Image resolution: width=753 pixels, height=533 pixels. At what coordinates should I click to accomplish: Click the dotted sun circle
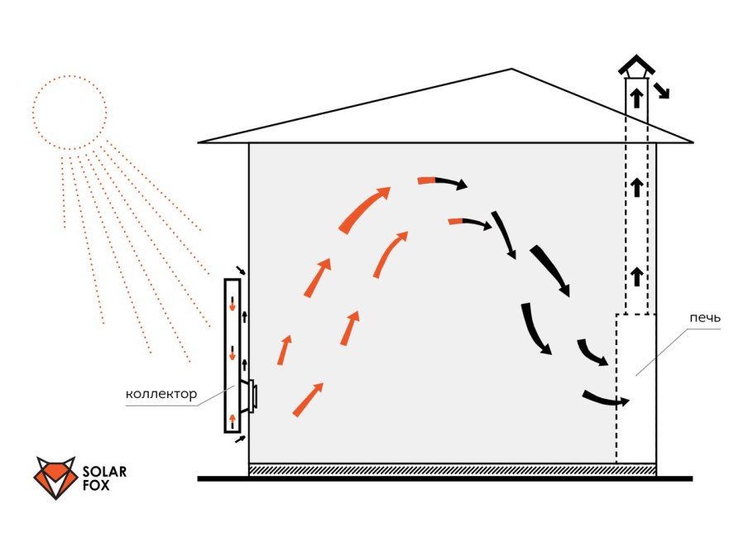point(70,113)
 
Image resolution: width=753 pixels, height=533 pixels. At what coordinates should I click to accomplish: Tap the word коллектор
point(161,394)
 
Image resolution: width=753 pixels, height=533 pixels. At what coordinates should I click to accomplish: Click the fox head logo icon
point(55,477)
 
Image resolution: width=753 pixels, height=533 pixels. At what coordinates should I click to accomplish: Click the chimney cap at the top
point(635,66)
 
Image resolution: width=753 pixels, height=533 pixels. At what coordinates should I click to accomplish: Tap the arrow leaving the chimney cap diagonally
point(660,89)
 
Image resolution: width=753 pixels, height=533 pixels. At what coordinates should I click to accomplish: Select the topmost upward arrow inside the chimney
point(635,98)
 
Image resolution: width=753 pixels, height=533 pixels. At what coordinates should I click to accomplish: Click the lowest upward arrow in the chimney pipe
point(635,276)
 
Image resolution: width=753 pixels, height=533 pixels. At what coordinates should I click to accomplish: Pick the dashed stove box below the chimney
point(635,389)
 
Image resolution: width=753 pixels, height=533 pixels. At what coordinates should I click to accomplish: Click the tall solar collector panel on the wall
point(233,356)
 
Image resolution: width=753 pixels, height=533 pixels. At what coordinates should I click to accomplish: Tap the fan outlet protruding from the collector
point(250,396)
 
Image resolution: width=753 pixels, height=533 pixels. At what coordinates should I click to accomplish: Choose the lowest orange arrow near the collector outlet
point(307,400)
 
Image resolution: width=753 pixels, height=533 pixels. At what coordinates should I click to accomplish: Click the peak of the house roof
point(513,69)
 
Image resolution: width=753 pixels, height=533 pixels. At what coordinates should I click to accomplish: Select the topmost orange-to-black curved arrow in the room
point(442,181)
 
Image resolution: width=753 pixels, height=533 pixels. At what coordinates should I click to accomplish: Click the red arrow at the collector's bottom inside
point(233,420)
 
